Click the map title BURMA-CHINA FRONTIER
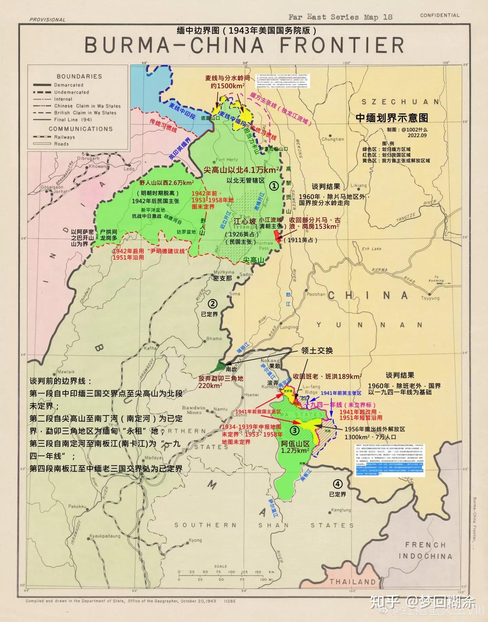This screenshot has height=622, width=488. pyautogui.click(x=244, y=45)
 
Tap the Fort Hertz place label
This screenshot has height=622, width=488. pyautogui.click(x=227, y=160)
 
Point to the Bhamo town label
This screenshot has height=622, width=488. pyautogui.click(x=214, y=338)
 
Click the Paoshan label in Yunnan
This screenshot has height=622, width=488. pyautogui.click(x=316, y=294)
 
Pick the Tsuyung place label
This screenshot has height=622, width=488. pyautogui.click(x=430, y=298)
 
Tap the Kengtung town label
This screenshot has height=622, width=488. pyautogui.click(x=341, y=510)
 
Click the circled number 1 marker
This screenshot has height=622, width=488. pyautogui.click(x=273, y=185)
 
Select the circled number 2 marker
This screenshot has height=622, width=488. pyautogui.click(x=213, y=304)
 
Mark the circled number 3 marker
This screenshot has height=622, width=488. pyautogui.click(x=294, y=430)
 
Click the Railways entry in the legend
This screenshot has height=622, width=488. pyautogui.click(x=64, y=137)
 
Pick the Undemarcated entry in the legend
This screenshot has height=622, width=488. pyautogui.click(x=72, y=92)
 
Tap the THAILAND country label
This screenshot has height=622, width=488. pyautogui.click(x=353, y=582)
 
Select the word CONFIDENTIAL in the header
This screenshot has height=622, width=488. pyautogui.click(x=440, y=15)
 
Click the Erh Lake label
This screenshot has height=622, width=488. pyautogui.click(x=371, y=249)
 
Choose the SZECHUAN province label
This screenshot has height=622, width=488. pyautogui.click(x=400, y=102)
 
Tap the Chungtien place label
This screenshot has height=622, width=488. pyautogui.click(x=332, y=139)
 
